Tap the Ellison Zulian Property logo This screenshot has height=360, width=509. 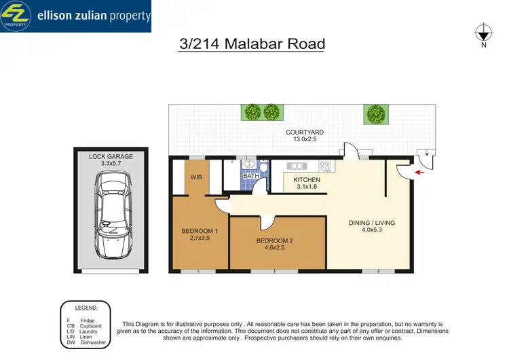pyautogui.click(x=75, y=16)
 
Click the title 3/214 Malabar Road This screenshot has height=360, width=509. pyautogui.click(x=252, y=44)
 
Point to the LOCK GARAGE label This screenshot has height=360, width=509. pyautogui.click(x=111, y=156)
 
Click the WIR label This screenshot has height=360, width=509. pyautogui.click(x=197, y=178)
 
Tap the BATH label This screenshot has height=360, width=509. pyautogui.click(x=250, y=177)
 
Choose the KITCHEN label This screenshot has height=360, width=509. pyautogui.click(x=306, y=180)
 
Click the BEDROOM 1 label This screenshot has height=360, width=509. pyautogui.click(x=200, y=231)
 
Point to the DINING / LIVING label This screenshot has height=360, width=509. pyautogui.click(x=371, y=223)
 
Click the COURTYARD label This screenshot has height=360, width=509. pyautogui.click(x=303, y=133)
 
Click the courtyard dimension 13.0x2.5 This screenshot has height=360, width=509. pyautogui.click(x=303, y=141)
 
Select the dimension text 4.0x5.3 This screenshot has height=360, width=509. pyautogui.click(x=371, y=231)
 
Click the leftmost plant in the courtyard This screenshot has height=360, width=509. pyautogui.click(x=252, y=112)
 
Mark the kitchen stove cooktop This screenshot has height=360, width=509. pyautogui.click(x=324, y=166)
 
